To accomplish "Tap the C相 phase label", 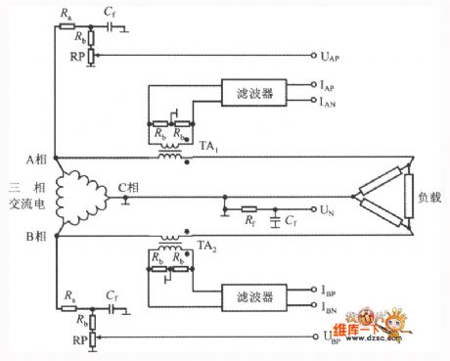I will [x=126, y=186].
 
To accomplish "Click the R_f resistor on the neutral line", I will [x=251, y=209].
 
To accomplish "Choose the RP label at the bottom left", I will [x=68, y=338].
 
